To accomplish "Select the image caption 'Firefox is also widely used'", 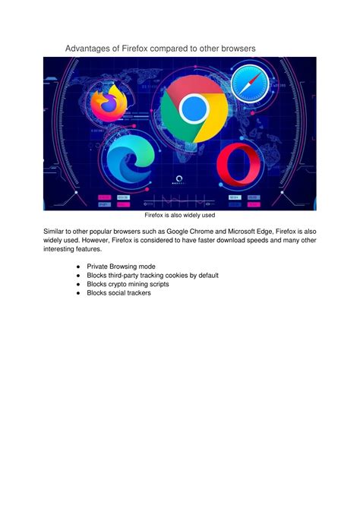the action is [180, 215].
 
